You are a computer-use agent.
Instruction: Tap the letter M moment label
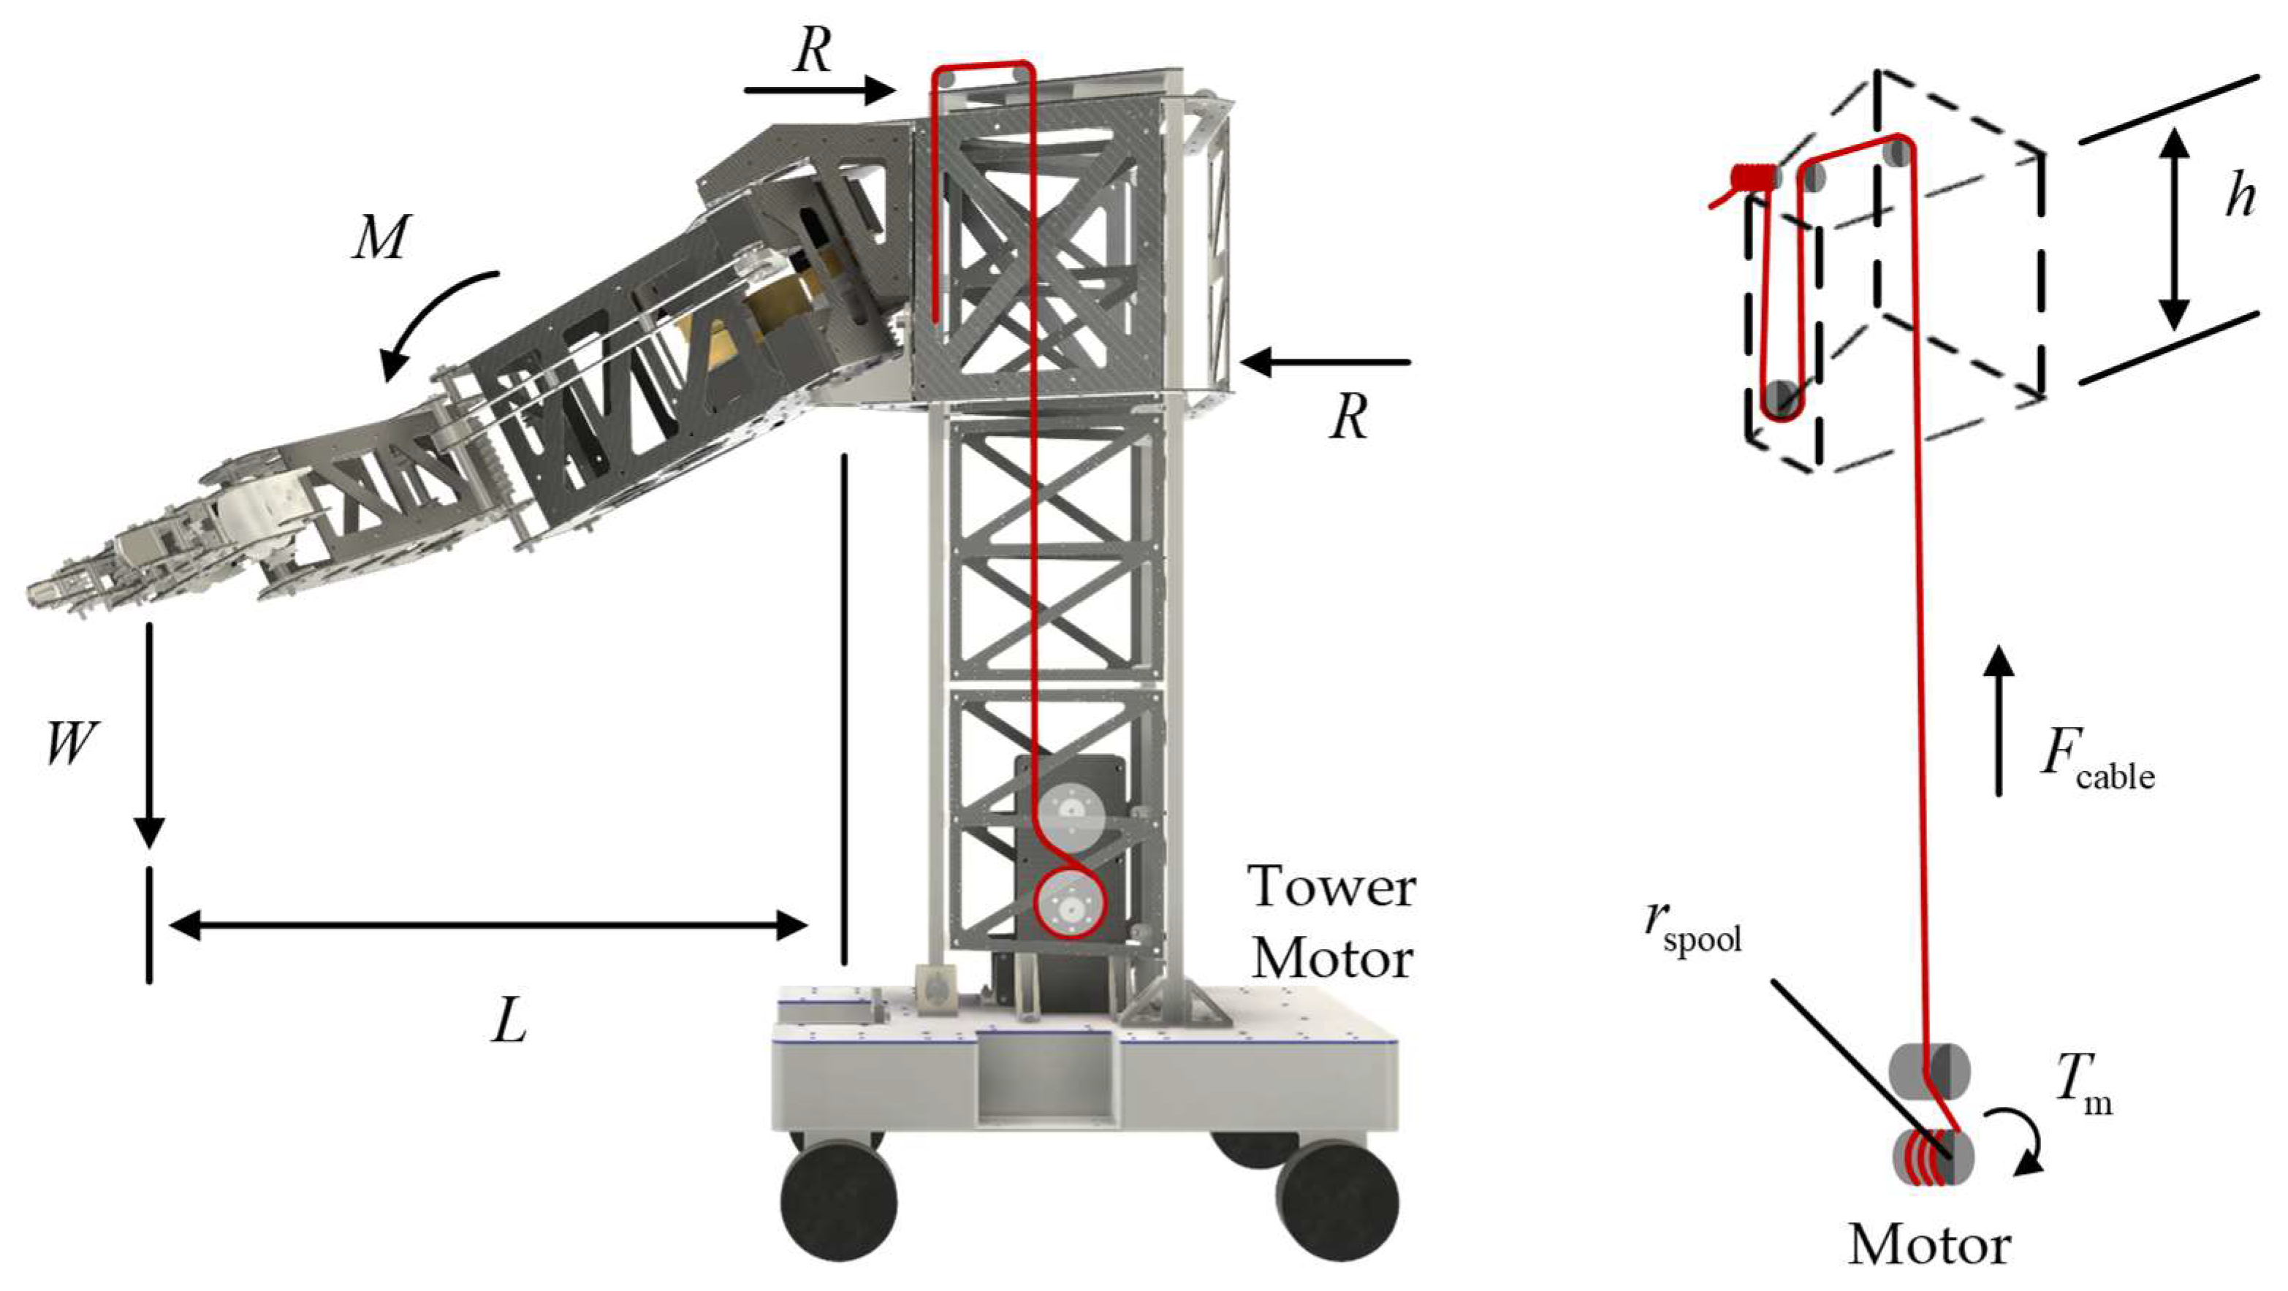coord(381,237)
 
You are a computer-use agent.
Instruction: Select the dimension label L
coord(510,1022)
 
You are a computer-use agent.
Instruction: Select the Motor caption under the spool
coord(1929,1246)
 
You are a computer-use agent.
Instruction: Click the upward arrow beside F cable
coord(1999,718)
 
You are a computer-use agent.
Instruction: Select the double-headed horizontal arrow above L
coord(487,925)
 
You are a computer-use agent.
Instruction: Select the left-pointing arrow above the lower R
coord(1324,362)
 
